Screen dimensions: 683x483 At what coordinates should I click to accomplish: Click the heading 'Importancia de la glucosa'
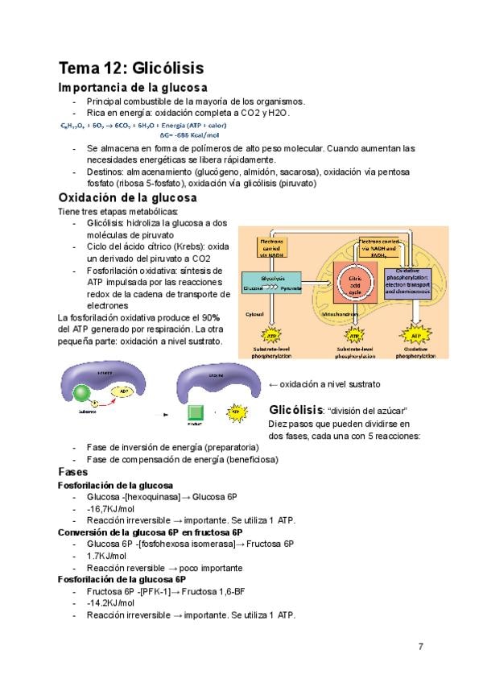tap(133, 87)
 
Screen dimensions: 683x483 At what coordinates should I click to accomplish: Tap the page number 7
tap(420, 647)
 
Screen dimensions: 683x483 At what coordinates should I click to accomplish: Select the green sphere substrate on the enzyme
tap(83, 393)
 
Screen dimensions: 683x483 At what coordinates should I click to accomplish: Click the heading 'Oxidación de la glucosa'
tap(127, 197)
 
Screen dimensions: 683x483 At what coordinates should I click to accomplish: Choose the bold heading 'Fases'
tap(73, 472)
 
